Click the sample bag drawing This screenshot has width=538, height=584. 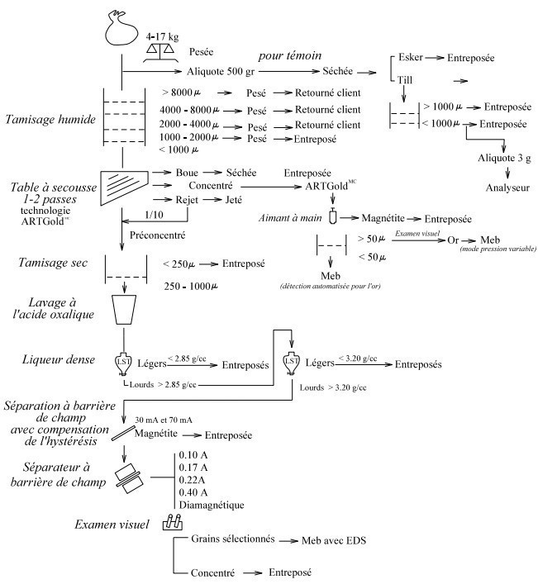tap(121, 30)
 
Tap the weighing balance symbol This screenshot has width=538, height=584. tap(159, 52)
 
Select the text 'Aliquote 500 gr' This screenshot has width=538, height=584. tap(221, 71)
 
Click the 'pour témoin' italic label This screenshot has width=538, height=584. tap(290, 56)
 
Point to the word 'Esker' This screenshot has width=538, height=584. tap(411, 57)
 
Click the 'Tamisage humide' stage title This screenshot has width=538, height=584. tap(50, 119)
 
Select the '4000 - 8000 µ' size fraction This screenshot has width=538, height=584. tap(189, 110)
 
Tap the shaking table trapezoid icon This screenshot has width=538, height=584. tap(124, 188)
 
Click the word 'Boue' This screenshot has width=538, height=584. tap(187, 173)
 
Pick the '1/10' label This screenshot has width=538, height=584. tap(154, 215)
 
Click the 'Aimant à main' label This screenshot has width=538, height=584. tap(290, 218)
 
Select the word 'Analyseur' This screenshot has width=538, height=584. tap(507, 188)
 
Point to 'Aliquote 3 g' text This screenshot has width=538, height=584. tap(504, 158)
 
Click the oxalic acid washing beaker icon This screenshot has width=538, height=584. tap(124, 310)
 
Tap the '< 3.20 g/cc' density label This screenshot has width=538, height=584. tap(358, 358)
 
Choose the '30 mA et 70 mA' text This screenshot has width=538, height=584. tap(164, 420)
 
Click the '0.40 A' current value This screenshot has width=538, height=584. tap(193, 492)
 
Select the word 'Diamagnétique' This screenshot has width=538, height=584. tap(212, 505)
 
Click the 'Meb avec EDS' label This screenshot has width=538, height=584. tap(334, 540)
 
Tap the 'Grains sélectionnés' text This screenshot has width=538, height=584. tap(233, 539)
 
